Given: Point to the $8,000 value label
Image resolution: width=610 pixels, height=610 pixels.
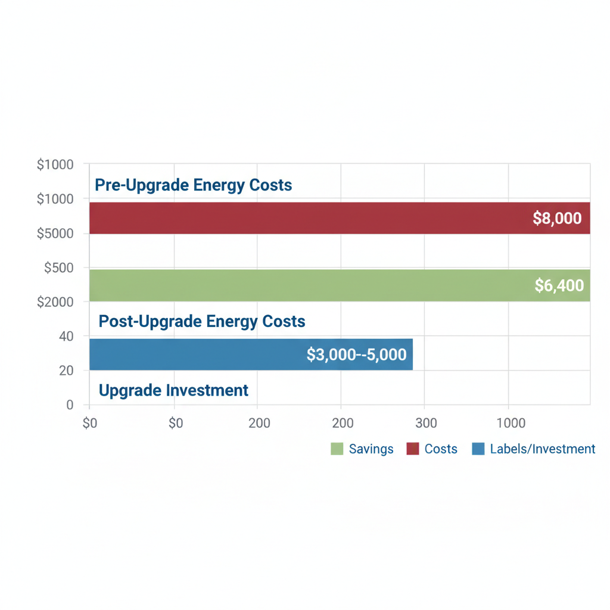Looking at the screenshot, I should (557, 219).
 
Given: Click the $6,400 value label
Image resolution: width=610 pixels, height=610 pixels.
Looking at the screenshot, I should (559, 286).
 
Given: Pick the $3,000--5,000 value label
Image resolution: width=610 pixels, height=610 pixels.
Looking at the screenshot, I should (356, 355).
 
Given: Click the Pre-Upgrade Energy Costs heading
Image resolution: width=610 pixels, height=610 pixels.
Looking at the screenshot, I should (194, 185).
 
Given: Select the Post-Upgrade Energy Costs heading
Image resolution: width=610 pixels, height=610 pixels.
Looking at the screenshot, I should (202, 322).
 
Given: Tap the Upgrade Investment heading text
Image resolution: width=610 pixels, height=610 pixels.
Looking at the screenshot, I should (173, 390).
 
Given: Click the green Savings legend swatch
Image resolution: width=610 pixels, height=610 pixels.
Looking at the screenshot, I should (337, 449).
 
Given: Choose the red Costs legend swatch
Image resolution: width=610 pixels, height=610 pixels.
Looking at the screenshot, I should (413, 449).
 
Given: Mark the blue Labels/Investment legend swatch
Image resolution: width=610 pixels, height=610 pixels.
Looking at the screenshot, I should (478, 449).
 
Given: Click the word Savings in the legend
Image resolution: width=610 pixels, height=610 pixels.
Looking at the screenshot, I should (371, 449).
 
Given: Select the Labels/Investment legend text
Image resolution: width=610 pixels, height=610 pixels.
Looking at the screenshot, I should (542, 449).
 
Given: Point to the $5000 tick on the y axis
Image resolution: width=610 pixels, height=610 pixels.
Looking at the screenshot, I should (55, 234).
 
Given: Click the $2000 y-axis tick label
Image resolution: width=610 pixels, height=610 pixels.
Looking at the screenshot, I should (55, 302).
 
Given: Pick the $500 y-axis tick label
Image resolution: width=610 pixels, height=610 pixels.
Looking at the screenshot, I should (59, 268).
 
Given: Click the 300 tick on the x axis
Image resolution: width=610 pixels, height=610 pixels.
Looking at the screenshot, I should (426, 424).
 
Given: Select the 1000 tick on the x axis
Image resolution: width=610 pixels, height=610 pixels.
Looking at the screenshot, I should (511, 424).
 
